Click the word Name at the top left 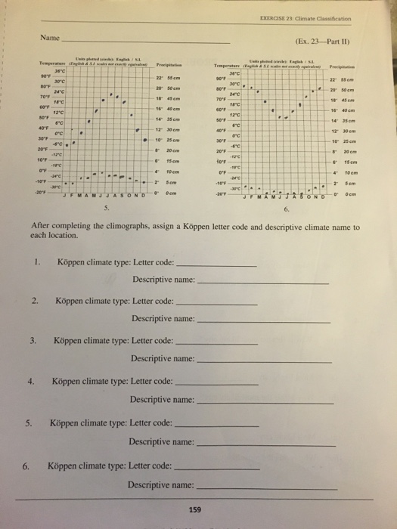click(x=45, y=36)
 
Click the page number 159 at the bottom click(x=194, y=509)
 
